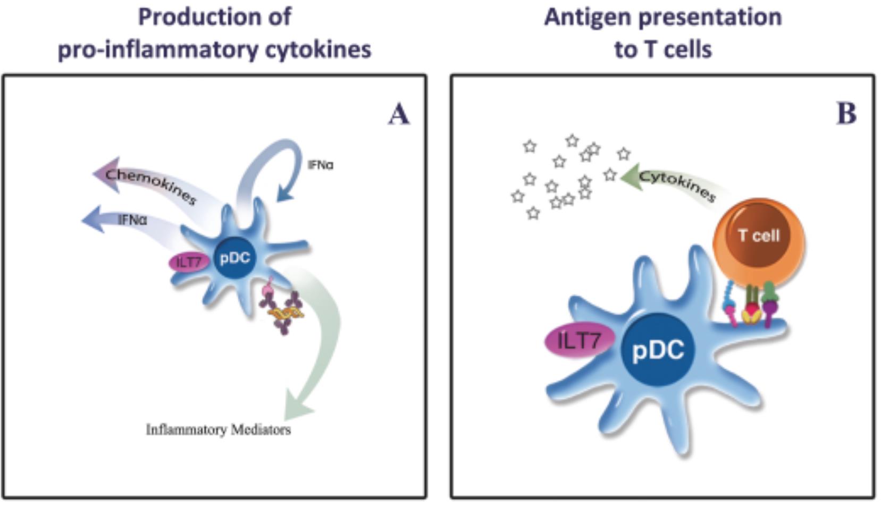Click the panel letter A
[x=399, y=114]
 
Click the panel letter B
[x=846, y=113]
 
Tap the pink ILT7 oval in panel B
[x=578, y=340]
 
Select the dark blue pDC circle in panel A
[x=235, y=258]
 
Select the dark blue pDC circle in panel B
[x=658, y=350]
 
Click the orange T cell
[x=758, y=236]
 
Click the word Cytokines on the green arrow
[x=677, y=185]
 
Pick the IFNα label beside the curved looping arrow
[x=321, y=165]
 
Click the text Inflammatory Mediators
[x=218, y=430]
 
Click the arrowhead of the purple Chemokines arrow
[x=105, y=173]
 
